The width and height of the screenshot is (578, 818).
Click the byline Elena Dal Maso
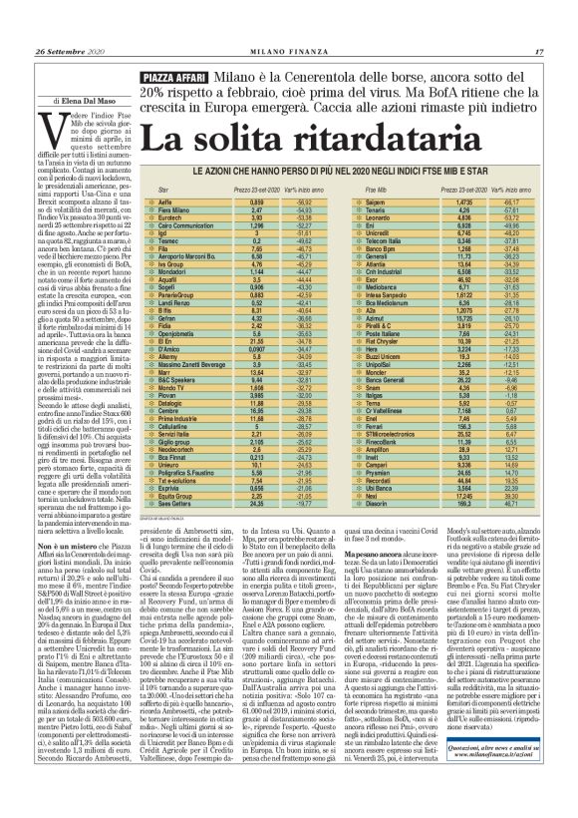pyautogui.click(x=71, y=102)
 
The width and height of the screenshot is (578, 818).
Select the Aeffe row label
pyautogui.click(x=171, y=202)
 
